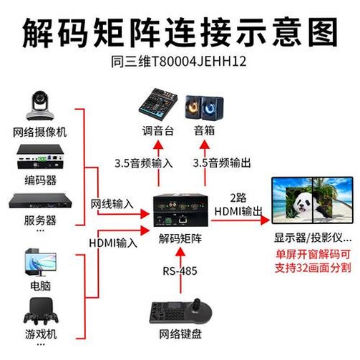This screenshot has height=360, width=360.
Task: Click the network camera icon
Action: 40,106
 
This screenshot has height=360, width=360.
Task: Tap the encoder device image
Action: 40,157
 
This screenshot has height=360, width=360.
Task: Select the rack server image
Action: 40,201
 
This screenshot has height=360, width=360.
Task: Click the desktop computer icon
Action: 41,262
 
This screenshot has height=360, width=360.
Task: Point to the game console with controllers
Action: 41,311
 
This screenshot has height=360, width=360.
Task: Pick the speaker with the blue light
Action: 212,108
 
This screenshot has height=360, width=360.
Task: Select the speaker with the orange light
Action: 193,107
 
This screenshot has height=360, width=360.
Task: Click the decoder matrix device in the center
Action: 180,210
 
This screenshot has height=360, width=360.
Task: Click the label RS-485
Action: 180,271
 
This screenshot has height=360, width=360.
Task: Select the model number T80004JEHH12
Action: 198,62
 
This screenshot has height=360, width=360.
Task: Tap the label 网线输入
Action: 112,204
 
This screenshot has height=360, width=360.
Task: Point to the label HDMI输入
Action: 113,243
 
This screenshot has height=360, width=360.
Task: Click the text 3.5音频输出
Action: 222,163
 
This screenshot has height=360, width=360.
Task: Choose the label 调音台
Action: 158,131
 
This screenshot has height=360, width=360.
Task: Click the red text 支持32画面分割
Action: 313,268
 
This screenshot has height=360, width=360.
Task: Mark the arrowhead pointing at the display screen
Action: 265,220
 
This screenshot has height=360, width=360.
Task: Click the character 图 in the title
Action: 323,32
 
